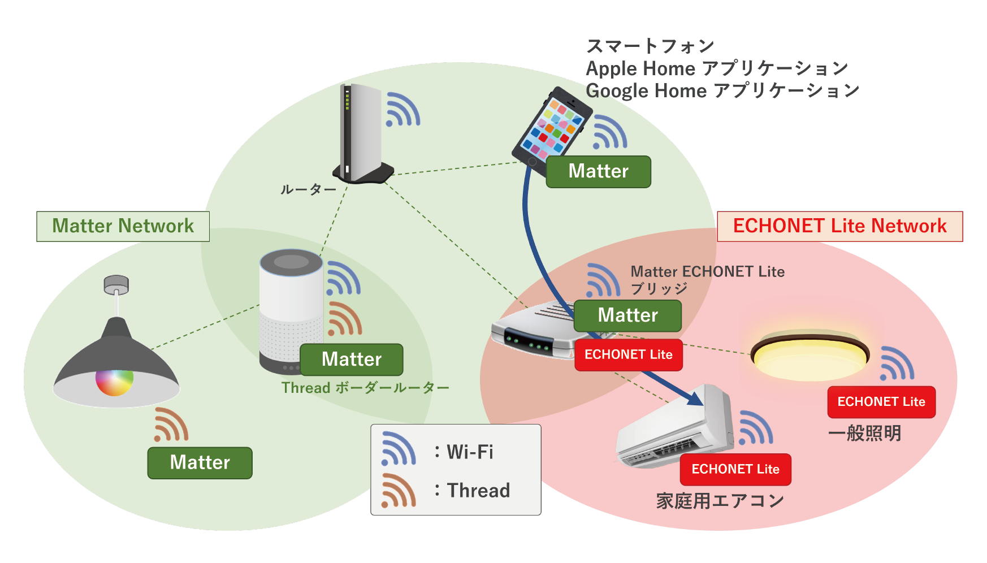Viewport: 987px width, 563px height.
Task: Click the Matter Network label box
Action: (x=123, y=226)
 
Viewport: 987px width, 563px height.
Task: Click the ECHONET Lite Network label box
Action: (x=839, y=226)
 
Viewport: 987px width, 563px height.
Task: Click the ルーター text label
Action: (x=308, y=190)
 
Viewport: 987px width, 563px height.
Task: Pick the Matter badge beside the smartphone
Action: (x=598, y=171)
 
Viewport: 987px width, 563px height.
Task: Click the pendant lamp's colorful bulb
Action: (x=114, y=382)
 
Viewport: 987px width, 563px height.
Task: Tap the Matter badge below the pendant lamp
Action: (x=200, y=463)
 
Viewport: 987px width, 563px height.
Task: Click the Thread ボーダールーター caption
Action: (x=365, y=388)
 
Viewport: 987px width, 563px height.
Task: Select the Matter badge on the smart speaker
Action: (x=351, y=360)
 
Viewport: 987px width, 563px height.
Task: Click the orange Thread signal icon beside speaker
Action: (x=344, y=319)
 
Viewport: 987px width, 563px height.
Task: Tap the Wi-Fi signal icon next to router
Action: (x=402, y=110)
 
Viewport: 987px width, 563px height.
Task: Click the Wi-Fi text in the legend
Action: (x=470, y=452)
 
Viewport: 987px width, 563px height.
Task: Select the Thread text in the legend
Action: (x=478, y=490)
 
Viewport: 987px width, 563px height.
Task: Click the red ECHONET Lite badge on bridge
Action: (x=628, y=355)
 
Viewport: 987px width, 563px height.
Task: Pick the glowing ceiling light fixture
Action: (x=809, y=356)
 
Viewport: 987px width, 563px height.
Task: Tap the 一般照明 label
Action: (x=864, y=434)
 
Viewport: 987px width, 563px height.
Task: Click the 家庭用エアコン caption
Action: (x=720, y=501)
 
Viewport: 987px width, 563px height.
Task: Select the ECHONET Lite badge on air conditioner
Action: (x=735, y=469)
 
